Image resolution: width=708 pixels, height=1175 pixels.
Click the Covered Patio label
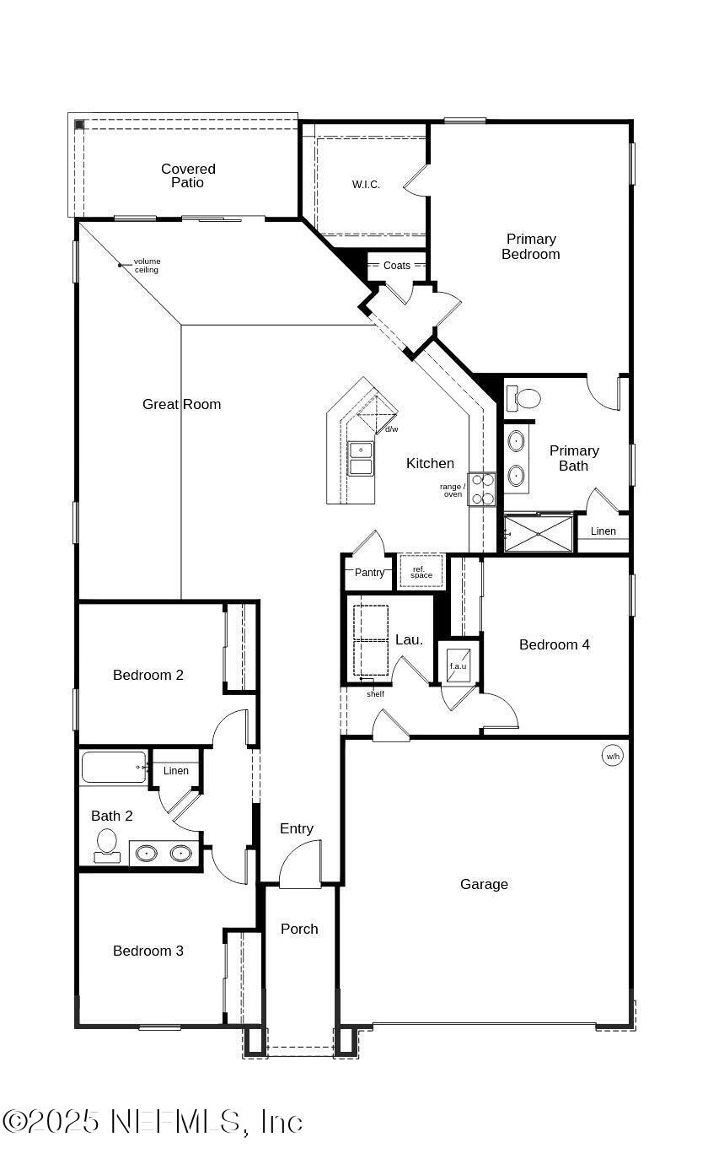(x=188, y=175)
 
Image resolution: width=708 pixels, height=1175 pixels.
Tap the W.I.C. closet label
(x=366, y=185)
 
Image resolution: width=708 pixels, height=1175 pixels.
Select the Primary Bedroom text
(x=531, y=246)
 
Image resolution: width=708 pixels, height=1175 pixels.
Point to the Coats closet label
(x=397, y=266)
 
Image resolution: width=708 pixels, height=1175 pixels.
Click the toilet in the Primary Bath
(x=527, y=398)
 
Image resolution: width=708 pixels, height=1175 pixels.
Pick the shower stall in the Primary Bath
(x=539, y=534)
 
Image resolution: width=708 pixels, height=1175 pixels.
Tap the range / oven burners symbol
(x=482, y=489)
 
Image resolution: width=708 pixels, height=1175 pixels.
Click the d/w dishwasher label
(x=392, y=429)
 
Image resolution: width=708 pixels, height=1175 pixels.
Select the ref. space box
(x=421, y=572)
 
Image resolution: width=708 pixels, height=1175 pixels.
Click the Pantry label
(x=369, y=573)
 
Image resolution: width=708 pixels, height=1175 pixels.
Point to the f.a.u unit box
(x=459, y=661)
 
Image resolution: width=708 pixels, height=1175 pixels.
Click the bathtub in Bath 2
(x=113, y=768)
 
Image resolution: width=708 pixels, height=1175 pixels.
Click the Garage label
(x=484, y=884)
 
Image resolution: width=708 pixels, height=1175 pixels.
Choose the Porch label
(x=299, y=929)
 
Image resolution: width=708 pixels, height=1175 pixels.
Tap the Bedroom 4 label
(x=554, y=644)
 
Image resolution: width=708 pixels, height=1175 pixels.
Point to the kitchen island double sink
(x=361, y=459)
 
